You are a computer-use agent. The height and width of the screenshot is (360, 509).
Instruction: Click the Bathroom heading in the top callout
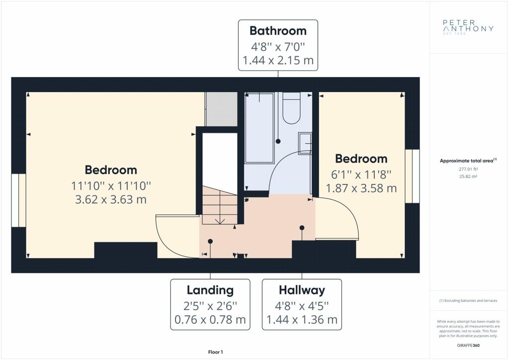coord(278,31)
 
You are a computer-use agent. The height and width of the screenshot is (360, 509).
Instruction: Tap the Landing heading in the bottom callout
coord(210,290)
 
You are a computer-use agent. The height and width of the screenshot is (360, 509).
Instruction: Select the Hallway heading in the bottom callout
coord(302,290)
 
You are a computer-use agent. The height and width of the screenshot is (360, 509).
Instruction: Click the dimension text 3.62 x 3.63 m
coord(111,199)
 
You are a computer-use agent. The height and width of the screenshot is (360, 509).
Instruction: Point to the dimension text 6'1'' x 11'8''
coord(361,175)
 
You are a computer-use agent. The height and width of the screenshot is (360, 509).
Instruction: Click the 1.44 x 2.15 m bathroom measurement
coord(278,60)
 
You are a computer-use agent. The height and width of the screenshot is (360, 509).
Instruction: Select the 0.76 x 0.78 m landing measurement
coord(210,319)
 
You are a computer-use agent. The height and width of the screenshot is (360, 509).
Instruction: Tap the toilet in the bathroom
coord(291,108)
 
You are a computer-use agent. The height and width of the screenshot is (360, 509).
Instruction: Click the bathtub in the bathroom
coord(259,128)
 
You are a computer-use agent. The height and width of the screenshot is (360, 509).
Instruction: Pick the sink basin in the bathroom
coord(305,143)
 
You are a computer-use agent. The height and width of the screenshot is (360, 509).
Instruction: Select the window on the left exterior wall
coord(18,200)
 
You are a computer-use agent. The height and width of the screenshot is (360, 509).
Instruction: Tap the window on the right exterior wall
coord(412,176)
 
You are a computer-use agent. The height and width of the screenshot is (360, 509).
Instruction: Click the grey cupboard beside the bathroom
coord(221,109)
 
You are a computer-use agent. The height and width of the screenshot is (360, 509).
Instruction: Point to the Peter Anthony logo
coord(468,27)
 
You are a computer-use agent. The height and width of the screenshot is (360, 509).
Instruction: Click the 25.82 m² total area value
coord(468,177)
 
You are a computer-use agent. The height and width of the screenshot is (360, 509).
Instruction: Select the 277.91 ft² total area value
coord(468,169)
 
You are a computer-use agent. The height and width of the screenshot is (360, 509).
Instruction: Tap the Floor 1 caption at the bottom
coord(216,352)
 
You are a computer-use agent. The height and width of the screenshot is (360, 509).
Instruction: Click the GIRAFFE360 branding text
coord(468,346)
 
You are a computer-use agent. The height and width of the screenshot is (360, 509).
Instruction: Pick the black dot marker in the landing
coord(210,241)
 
